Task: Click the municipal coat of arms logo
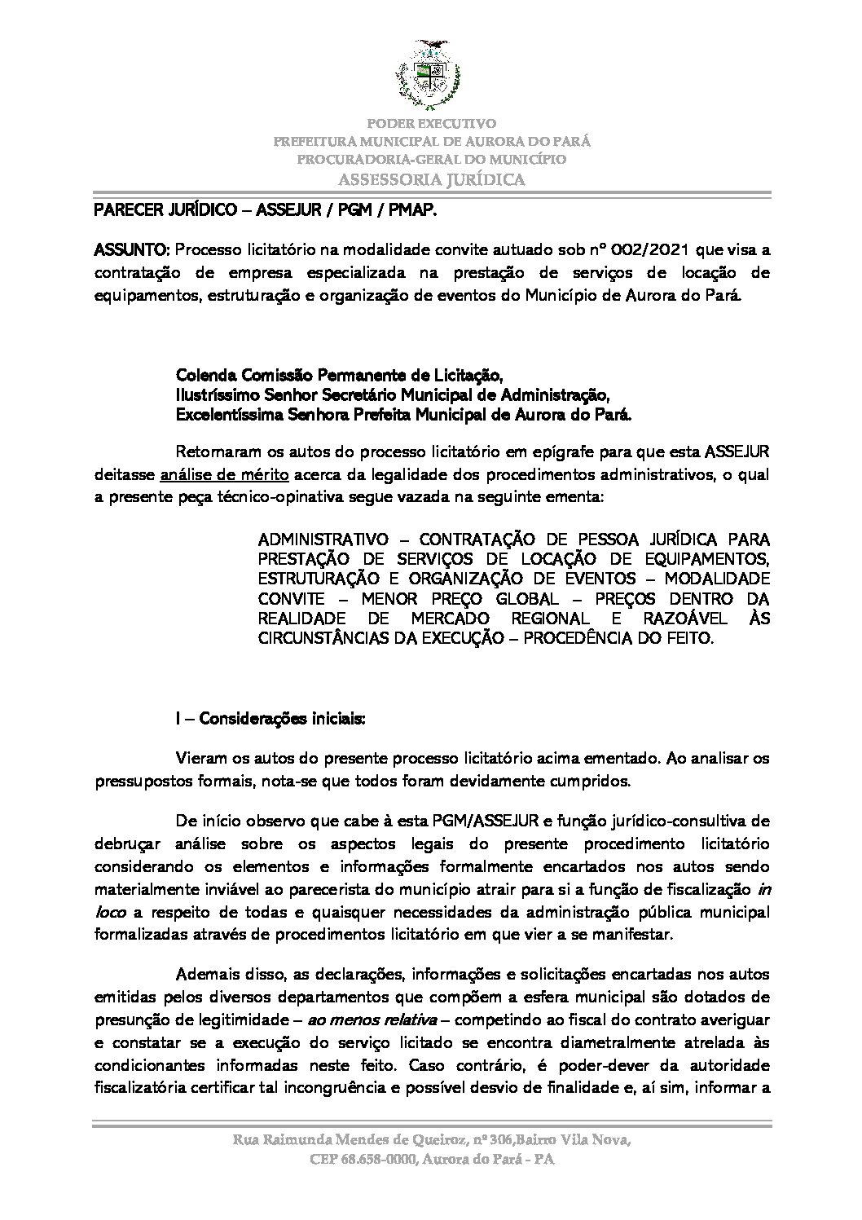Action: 430,73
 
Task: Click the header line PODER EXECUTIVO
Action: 431,124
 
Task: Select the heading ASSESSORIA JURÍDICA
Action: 431,179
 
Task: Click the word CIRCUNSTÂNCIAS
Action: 323,638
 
